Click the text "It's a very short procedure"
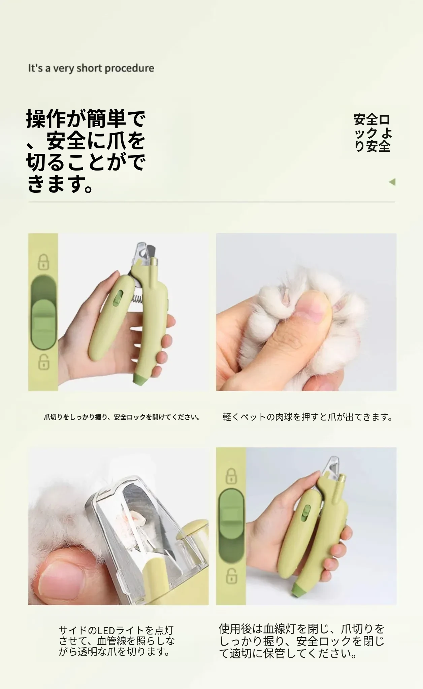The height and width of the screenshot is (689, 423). (91, 68)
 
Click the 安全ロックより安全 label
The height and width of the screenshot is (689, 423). (373, 133)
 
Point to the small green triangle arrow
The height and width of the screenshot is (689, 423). (392, 182)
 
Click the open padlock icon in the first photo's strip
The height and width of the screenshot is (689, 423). (43, 361)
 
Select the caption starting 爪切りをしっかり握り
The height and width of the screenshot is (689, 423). (122, 418)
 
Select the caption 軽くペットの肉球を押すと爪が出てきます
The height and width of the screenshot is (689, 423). (307, 417)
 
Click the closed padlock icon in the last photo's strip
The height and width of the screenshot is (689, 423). (231, 476)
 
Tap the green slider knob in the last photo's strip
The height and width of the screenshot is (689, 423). (231, 514)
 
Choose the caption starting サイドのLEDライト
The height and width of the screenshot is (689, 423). (117, 641)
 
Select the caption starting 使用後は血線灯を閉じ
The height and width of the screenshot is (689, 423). (302, 641)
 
